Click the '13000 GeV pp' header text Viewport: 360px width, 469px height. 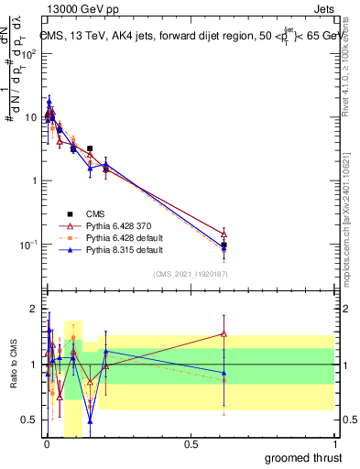[77, 9]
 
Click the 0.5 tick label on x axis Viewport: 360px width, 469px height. [191, 442]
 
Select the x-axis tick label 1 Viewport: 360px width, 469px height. [334, 442]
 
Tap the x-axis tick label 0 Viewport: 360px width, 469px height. [46, 442]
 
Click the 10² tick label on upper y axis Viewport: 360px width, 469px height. [28, 53]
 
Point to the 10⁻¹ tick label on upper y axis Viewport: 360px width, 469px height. [28, 245]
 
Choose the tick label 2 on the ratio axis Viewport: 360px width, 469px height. [33, 307]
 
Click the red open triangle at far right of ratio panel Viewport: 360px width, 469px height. [224, 333]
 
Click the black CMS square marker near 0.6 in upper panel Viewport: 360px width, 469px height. [224, 245]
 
